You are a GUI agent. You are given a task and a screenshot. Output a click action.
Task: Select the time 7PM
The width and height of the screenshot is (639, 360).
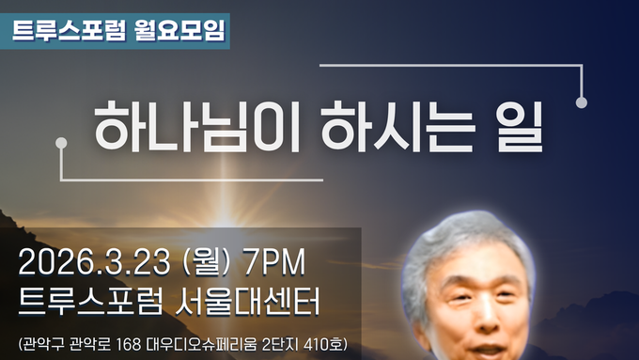coord(276,260)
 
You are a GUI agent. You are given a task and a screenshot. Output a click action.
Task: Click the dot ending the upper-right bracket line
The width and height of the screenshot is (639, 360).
coord(582,102)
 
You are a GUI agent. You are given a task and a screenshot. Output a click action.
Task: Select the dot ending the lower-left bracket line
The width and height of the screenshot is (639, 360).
coord(62,142)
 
